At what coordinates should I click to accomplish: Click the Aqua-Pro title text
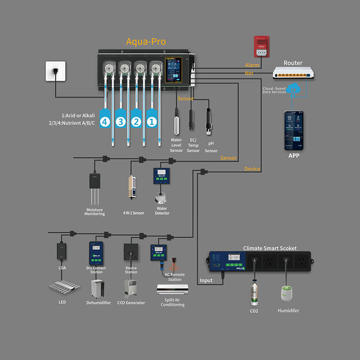[x=146, y=42]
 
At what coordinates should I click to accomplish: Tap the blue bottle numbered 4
[x=105, y=121]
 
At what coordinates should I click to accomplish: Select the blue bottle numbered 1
[x=152, y=121]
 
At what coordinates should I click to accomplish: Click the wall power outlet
[x=55, y=72]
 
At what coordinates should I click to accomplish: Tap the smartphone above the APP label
[x=293, y=130]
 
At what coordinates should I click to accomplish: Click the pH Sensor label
[x=211, y=147]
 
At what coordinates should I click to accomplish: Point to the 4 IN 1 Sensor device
[x=132, y=187]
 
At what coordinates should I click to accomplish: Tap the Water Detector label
[x=161, y=211]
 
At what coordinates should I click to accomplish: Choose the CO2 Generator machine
[x=130, y=288]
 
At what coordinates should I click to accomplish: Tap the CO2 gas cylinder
[x=254, y=292]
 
